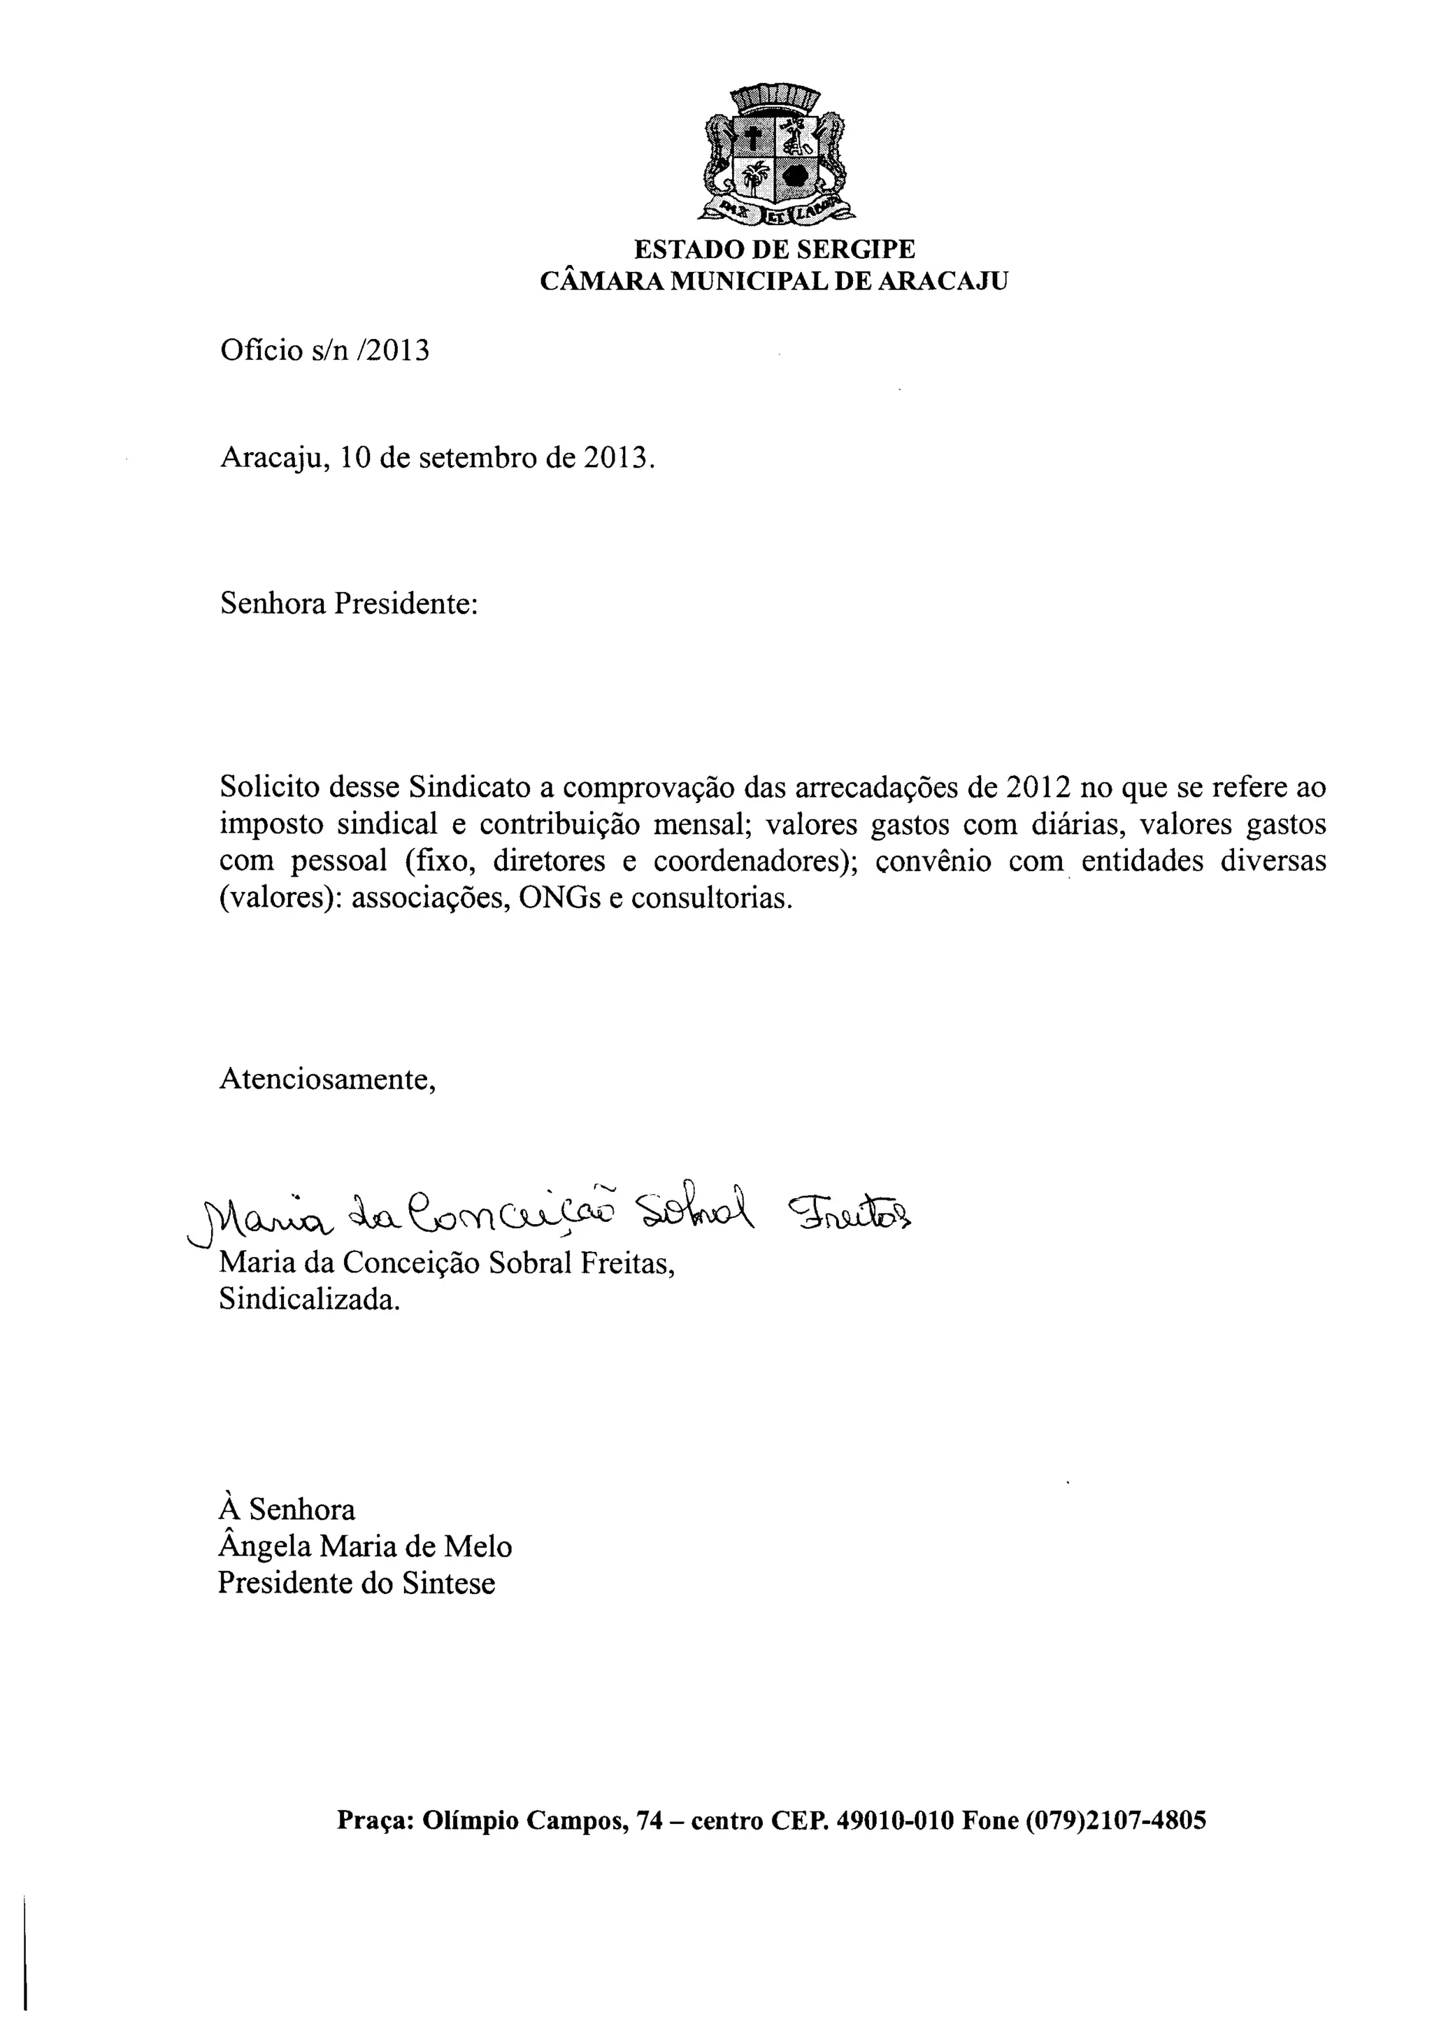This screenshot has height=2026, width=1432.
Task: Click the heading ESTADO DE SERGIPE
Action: click(x=774, y=250)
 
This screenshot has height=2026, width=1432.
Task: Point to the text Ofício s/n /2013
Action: click(x=324, y=351)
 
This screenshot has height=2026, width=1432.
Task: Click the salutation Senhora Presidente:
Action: click(x=348, y=605)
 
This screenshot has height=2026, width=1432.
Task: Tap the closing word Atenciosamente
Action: click(x=327, y=1079)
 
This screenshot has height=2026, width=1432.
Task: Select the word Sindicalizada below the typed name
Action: click(x=309, y=1300)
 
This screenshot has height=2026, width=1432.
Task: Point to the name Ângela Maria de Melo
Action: click(x=364, y=1547)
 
